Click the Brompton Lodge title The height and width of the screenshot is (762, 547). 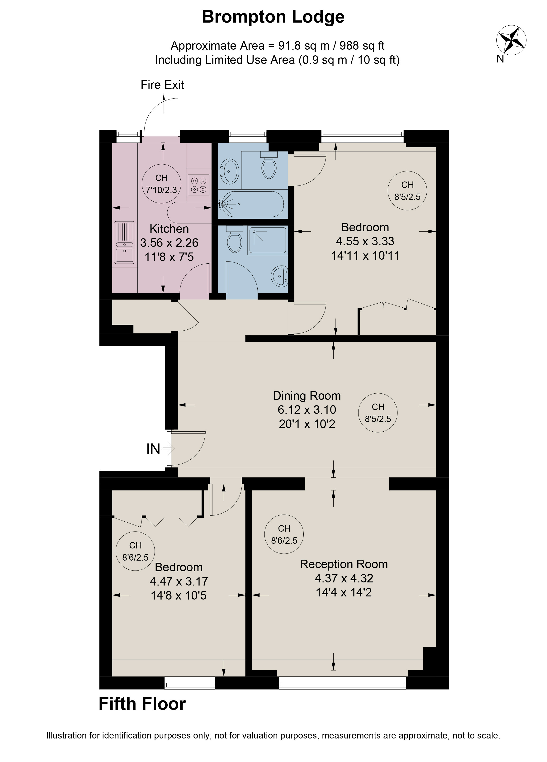pos(273,17)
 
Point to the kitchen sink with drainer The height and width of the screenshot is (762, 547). pos(125,243)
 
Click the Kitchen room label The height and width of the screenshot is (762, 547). pos(169,229)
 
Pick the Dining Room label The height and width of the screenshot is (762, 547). pos(307,396)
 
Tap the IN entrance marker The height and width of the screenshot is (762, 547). pos(153,449)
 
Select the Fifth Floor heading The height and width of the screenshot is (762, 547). pos(142,704)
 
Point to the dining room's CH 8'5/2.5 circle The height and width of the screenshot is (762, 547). pos(378,413)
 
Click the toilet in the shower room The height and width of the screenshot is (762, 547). pos(235,239)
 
